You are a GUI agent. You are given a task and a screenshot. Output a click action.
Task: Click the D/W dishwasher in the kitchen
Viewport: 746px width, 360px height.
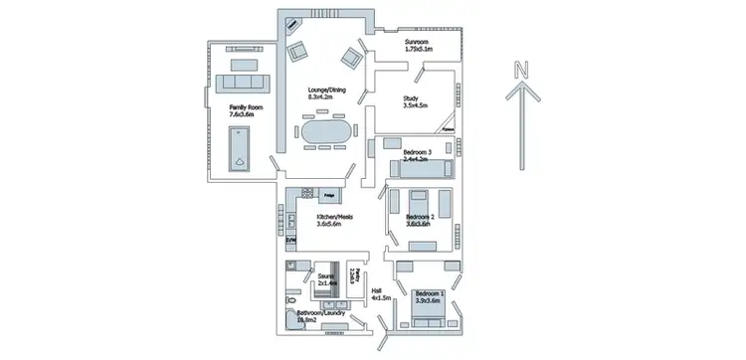coord(290,241)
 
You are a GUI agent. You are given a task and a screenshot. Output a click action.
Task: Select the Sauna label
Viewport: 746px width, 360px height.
coord(326,280)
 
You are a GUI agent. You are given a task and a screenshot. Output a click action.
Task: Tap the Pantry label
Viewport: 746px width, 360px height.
coord(353,273)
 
